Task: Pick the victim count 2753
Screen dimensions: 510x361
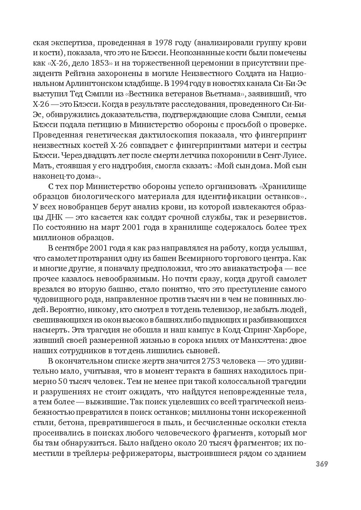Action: [x=215, y=361]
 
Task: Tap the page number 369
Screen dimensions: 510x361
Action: [x=322, y=464]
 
